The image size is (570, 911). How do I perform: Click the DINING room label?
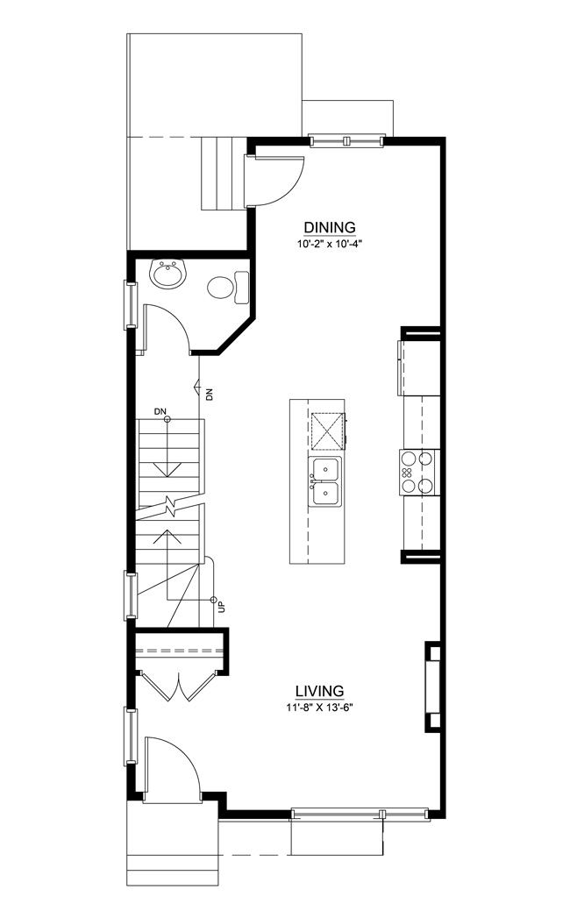pyautogui.click(x=330, y=227)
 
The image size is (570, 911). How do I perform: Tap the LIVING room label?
pyautogui.click(x=319, y=692)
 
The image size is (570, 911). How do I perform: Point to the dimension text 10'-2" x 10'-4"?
pyautogui.click(x=330, y=244)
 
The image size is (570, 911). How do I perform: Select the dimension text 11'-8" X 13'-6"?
pyautogui.click(x=319, y=708)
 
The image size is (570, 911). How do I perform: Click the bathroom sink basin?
pyautogui.click(x=167, y=273)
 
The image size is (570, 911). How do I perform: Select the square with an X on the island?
pyautogui.click(x=327, y=431)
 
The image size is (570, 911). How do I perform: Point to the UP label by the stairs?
pyautogui.click(x=221, y=607)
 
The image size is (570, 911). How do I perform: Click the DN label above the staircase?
pyautogui.click(x=160, y=411)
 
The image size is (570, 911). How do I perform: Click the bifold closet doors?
pyautogui.click(x=180, y=685)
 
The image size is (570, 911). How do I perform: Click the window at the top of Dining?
pyautogui.click(x=347, y=140)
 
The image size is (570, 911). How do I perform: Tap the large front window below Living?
pyautogui.click(x=360, y=814)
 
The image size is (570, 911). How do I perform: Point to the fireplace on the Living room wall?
pyautogui.click(x=433, y=687)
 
